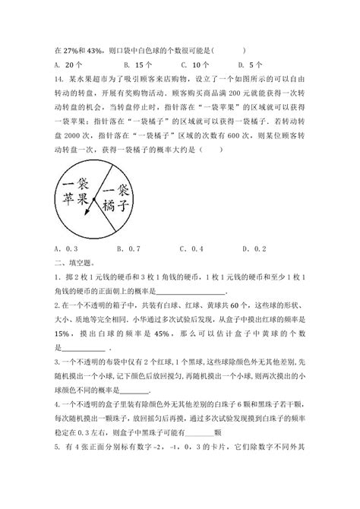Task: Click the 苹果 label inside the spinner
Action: coord(79,199)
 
